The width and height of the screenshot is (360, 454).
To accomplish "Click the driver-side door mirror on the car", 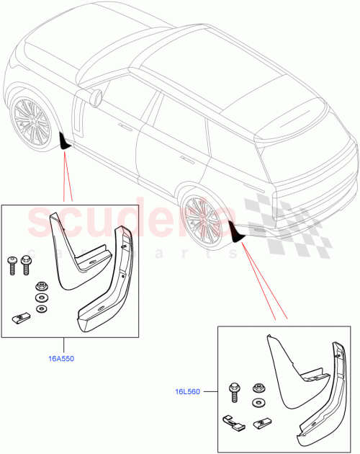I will [x=94, y=96].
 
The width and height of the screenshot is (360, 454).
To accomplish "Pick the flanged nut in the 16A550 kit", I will [x=41, y=285].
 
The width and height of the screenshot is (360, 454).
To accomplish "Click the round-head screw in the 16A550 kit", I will [x=12, y=263].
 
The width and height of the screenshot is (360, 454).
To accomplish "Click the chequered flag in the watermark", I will [x=270, y=209].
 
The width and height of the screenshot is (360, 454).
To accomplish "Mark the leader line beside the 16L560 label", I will [x=210, y=393].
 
